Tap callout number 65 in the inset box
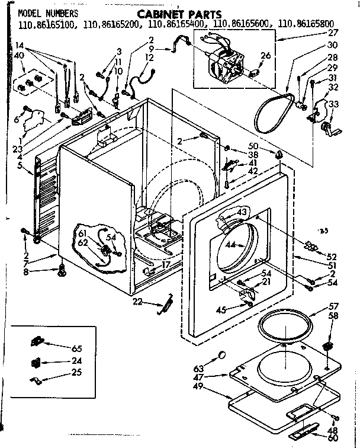tap(77, 348)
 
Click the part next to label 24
tap(37, 361)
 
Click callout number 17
tap(166, 265)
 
